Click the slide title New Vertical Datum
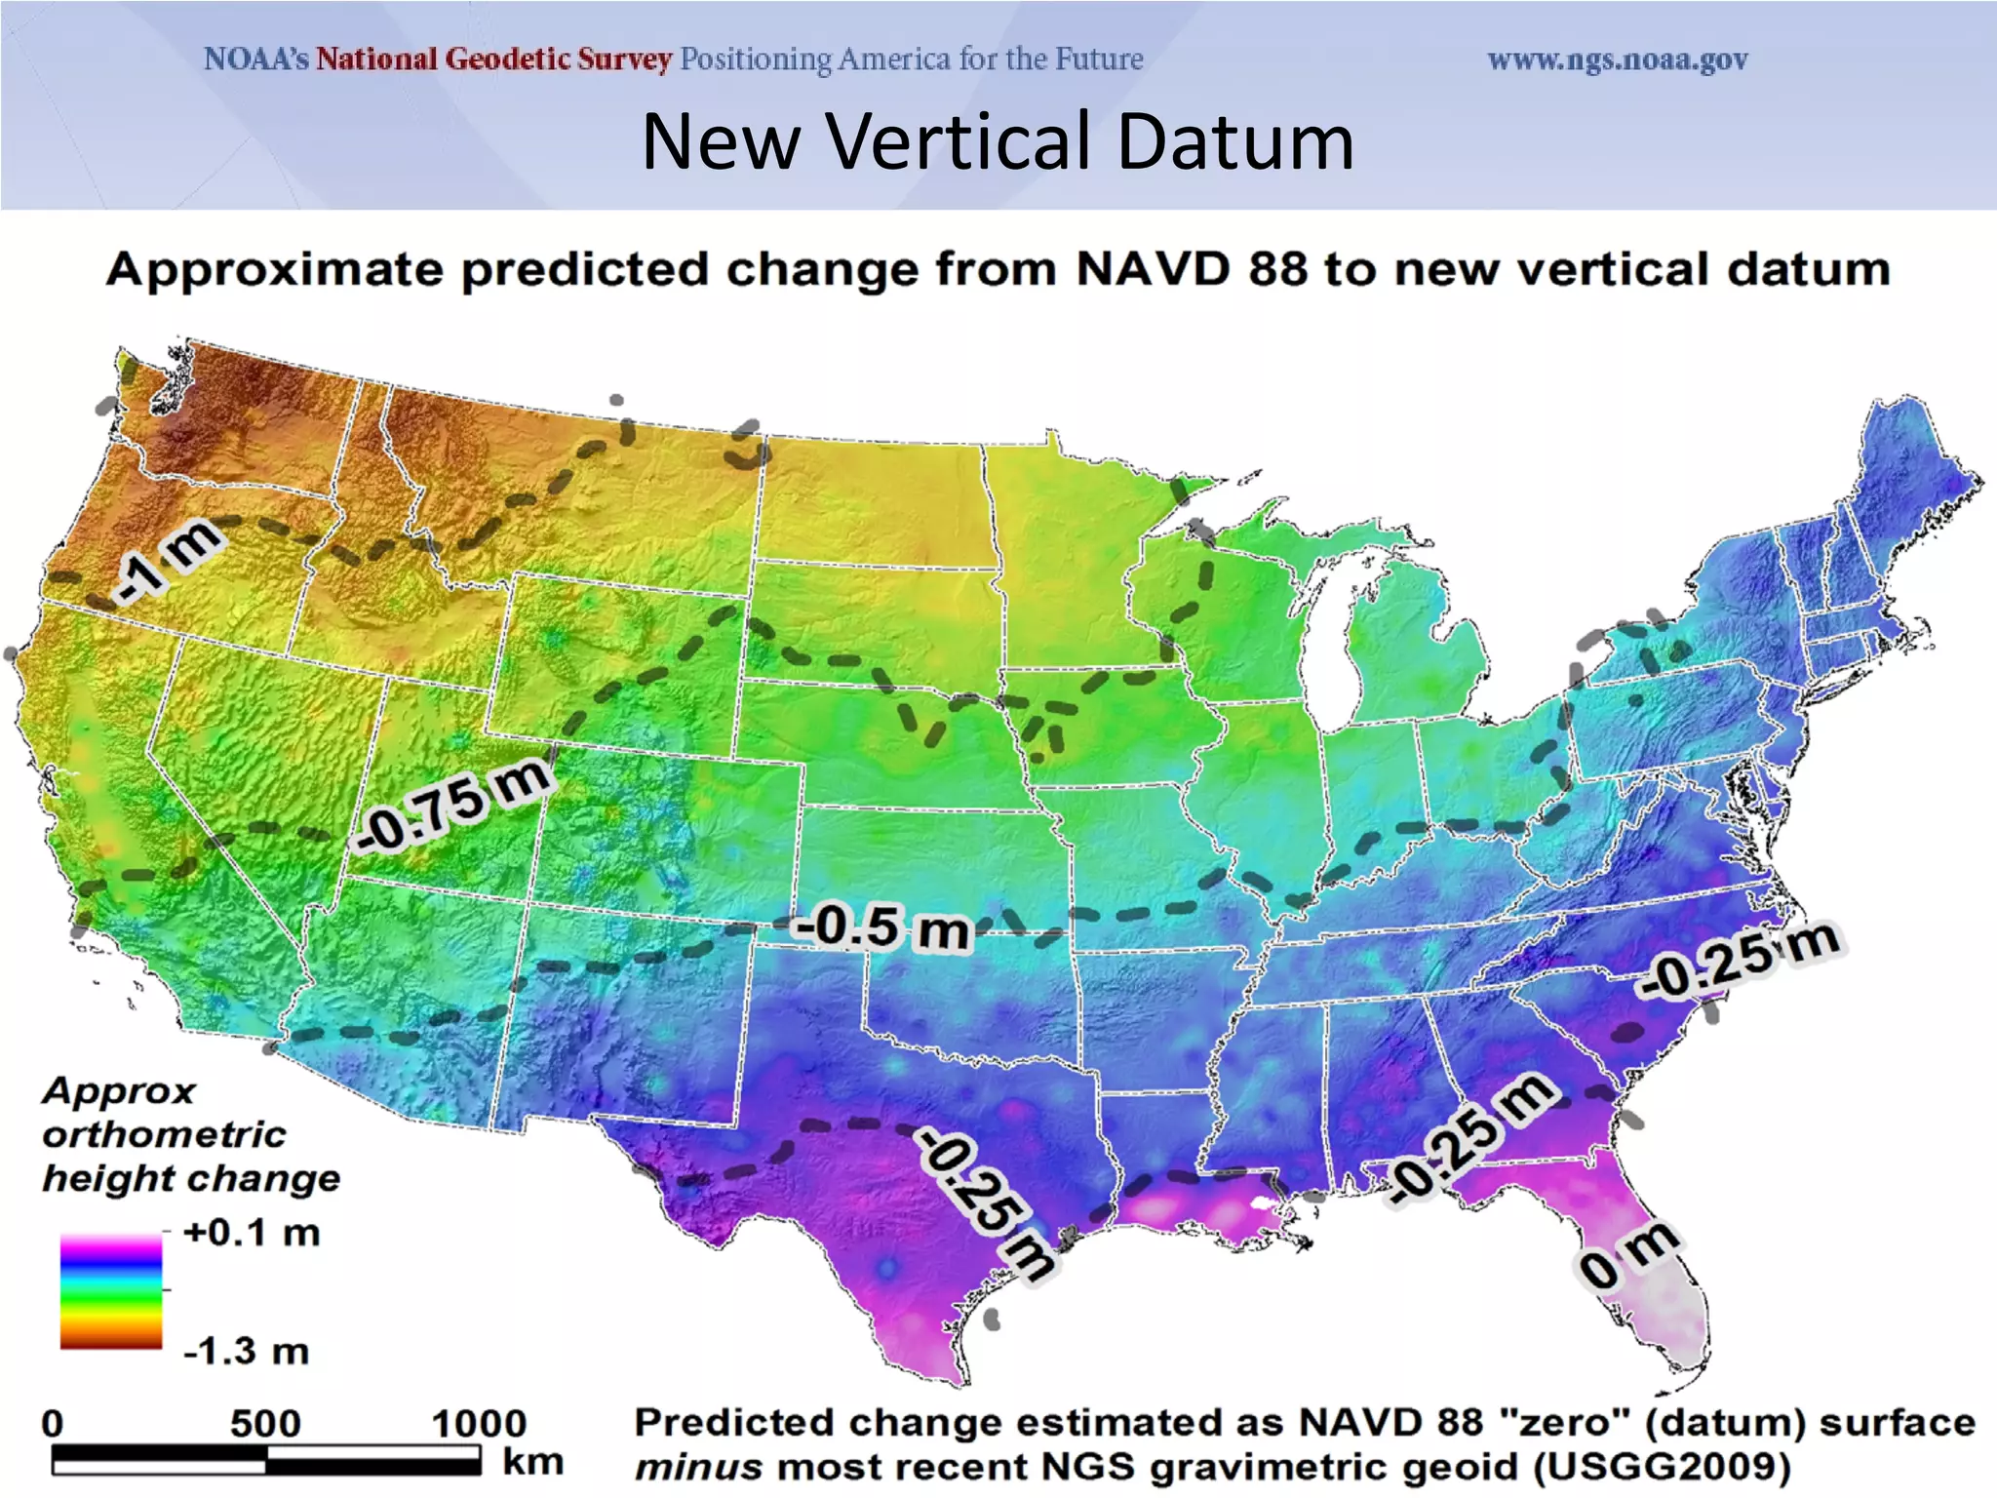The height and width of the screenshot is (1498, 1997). click(998, 142)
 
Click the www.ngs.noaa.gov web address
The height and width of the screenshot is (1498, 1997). click(1617, 60)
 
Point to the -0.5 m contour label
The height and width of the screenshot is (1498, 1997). click(883, 927)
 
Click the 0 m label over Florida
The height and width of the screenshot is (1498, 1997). click(1627, 1257)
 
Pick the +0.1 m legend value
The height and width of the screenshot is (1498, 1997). click(252, 1233)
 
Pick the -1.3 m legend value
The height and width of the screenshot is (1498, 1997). click(247, 1352)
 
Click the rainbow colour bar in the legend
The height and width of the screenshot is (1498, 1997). click(111, 1291)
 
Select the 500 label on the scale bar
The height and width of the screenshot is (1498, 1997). click(265, 1423)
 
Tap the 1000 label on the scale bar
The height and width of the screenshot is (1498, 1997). click(479, 1423)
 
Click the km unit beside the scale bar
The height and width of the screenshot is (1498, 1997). click(532, 1462)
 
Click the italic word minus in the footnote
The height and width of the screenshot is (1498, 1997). click(698, 1467)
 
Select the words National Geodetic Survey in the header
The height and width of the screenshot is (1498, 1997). click(493, 59)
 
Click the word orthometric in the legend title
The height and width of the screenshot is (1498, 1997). click(164, 1134)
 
